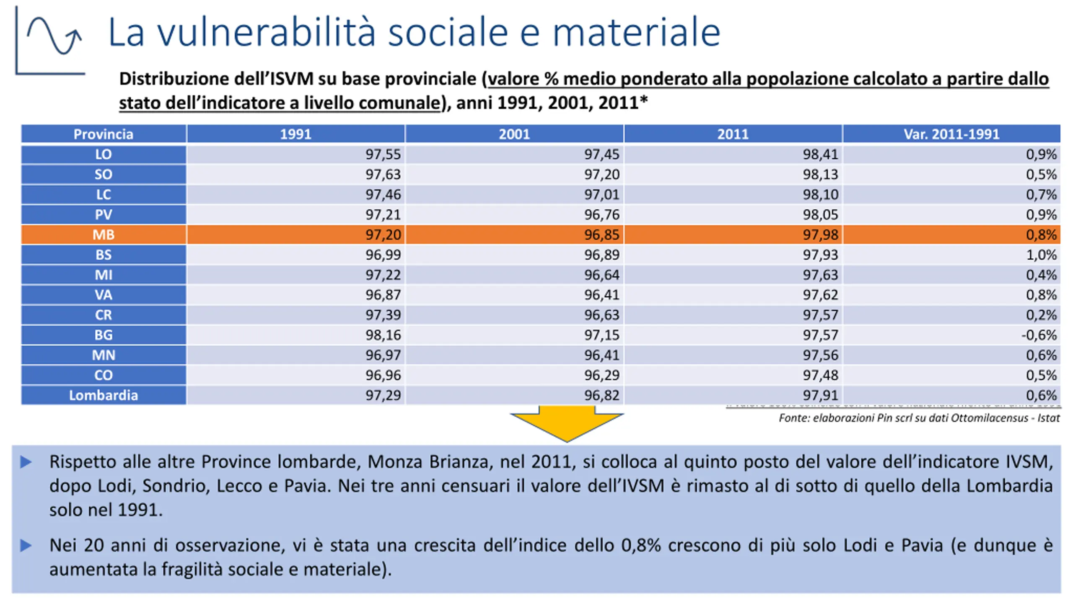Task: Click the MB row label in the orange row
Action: coord(103,234)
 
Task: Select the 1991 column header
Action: coord(295,134)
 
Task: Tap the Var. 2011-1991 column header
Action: coord(951,134)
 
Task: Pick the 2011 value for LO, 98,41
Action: coord(820,154)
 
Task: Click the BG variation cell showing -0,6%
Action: coord(1039,335)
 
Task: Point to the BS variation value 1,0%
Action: coord(1041,255)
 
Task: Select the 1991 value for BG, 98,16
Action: coord(383,335)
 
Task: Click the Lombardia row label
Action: coord(103,395)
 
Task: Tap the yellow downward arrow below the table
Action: coord(567,423)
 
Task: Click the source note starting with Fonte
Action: coord(919,418)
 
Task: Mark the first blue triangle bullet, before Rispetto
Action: coord(26,462)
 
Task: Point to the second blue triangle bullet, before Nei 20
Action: coord(26,546)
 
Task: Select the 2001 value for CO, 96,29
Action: coord(601,375)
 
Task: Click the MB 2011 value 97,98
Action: coord(820,234)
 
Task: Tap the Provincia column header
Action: coord(103,134)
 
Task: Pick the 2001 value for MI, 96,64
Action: coord(601,275)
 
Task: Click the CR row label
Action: coord(103,315)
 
